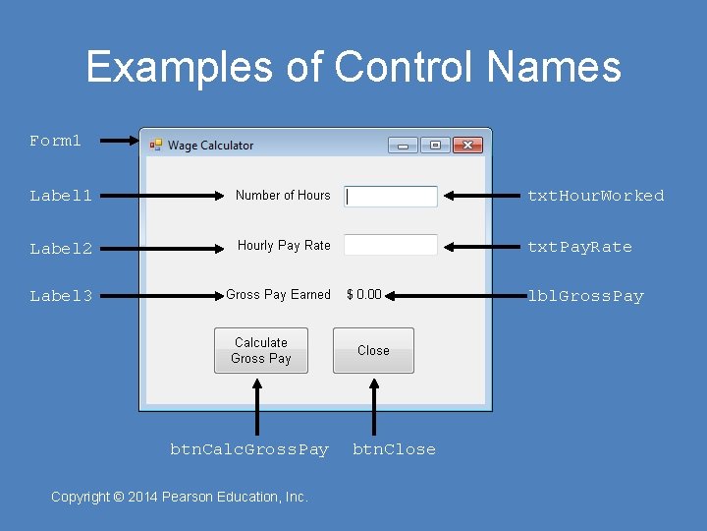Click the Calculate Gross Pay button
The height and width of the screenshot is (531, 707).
coord(260,351)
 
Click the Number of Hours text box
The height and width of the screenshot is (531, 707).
coord(391,197)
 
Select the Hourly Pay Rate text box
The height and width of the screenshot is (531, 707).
coord(391,245)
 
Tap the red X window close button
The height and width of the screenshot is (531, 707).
coord(467,146)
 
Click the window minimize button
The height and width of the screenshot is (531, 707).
coord(403,146)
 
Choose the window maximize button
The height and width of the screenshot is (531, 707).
coord(435,146)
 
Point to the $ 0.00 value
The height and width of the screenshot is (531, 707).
coord(364,295)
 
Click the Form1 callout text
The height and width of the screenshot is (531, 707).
coord(56,141)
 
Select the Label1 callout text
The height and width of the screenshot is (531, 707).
coord(61,196)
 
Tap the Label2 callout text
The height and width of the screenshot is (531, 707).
coord(61,249)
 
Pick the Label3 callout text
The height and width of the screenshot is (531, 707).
coord(61,296)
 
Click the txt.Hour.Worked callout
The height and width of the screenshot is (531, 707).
coord(595,196)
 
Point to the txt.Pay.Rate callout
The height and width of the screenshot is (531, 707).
coord(579,247)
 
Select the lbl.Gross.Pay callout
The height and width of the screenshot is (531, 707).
coord(585,296)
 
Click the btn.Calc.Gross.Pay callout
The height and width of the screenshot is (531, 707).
coord(249,449)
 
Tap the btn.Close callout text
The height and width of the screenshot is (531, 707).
coord(394,449)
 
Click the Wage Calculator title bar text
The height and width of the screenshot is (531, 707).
coord(210,146)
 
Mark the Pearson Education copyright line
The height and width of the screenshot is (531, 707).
coord(180,497)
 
